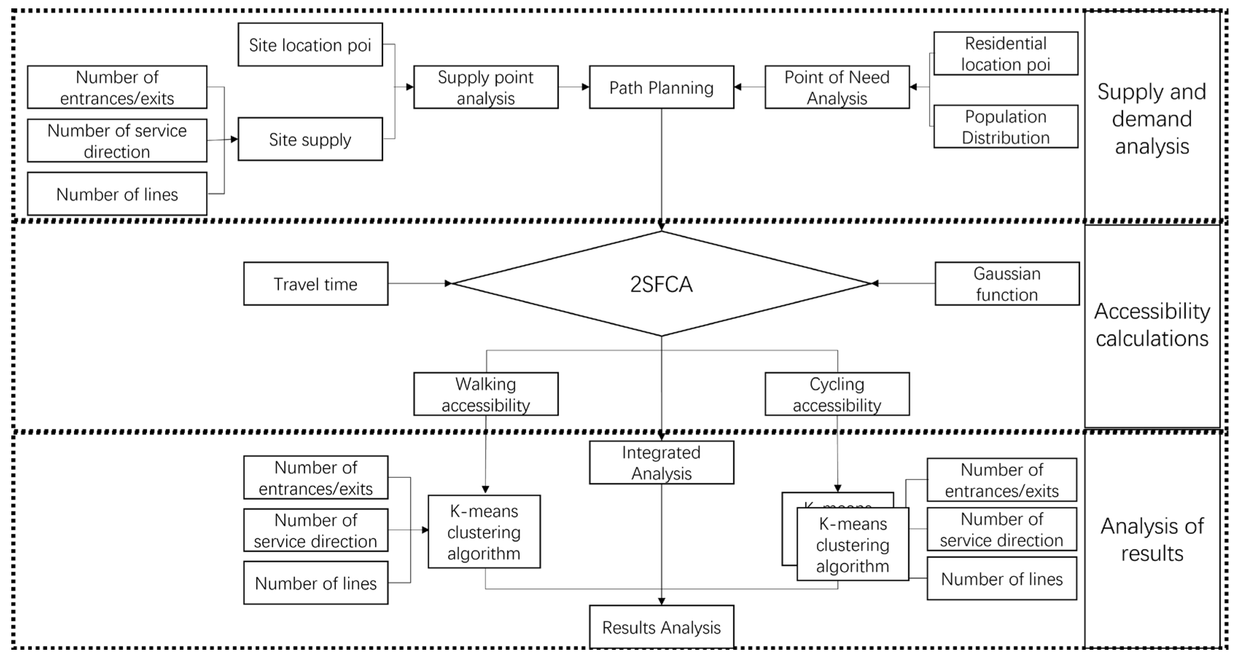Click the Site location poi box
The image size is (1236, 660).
click(x=310, y=44)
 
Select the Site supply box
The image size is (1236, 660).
click(x=310, y=139)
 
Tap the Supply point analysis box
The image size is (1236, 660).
click(x=486, y=87)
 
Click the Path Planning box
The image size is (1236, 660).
click(x=661, y=87)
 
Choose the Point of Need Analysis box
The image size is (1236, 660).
click(x=837, y=87)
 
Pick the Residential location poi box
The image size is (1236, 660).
click(x=1006, y=54)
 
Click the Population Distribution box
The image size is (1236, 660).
click(x=1006, y=126)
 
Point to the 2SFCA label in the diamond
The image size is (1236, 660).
click(x=661, y=284)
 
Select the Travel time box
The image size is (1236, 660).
click(x=316, y=284)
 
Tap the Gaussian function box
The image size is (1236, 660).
click(x=1007, y=284)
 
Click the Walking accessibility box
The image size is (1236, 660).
click(x=486, y=394)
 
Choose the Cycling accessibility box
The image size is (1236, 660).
click(x=837, y=394)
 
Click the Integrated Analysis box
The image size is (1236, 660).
click(x=661, y=462)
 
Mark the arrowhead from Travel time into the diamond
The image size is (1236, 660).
click(x=448, y=284)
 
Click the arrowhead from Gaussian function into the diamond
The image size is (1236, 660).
click(x=875, y=284)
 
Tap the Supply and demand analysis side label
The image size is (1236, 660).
click(x=1151, y=118)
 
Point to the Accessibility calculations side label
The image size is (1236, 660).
click(x=1151, y=325)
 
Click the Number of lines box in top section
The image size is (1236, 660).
click(x=117, y=194)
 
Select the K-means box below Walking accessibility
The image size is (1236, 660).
click(x=484, y=531)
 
